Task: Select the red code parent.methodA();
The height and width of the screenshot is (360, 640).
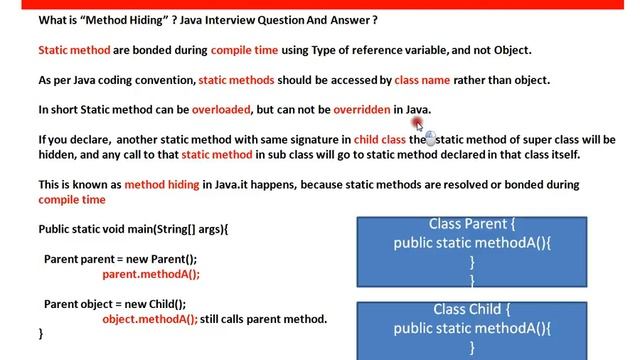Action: (x=151, y=274)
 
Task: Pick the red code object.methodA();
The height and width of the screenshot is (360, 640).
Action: (x=150, y=319)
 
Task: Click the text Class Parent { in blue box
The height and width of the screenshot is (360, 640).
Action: (x=473, y=224)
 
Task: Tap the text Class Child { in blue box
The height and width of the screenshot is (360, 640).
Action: (x=473, y=309)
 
